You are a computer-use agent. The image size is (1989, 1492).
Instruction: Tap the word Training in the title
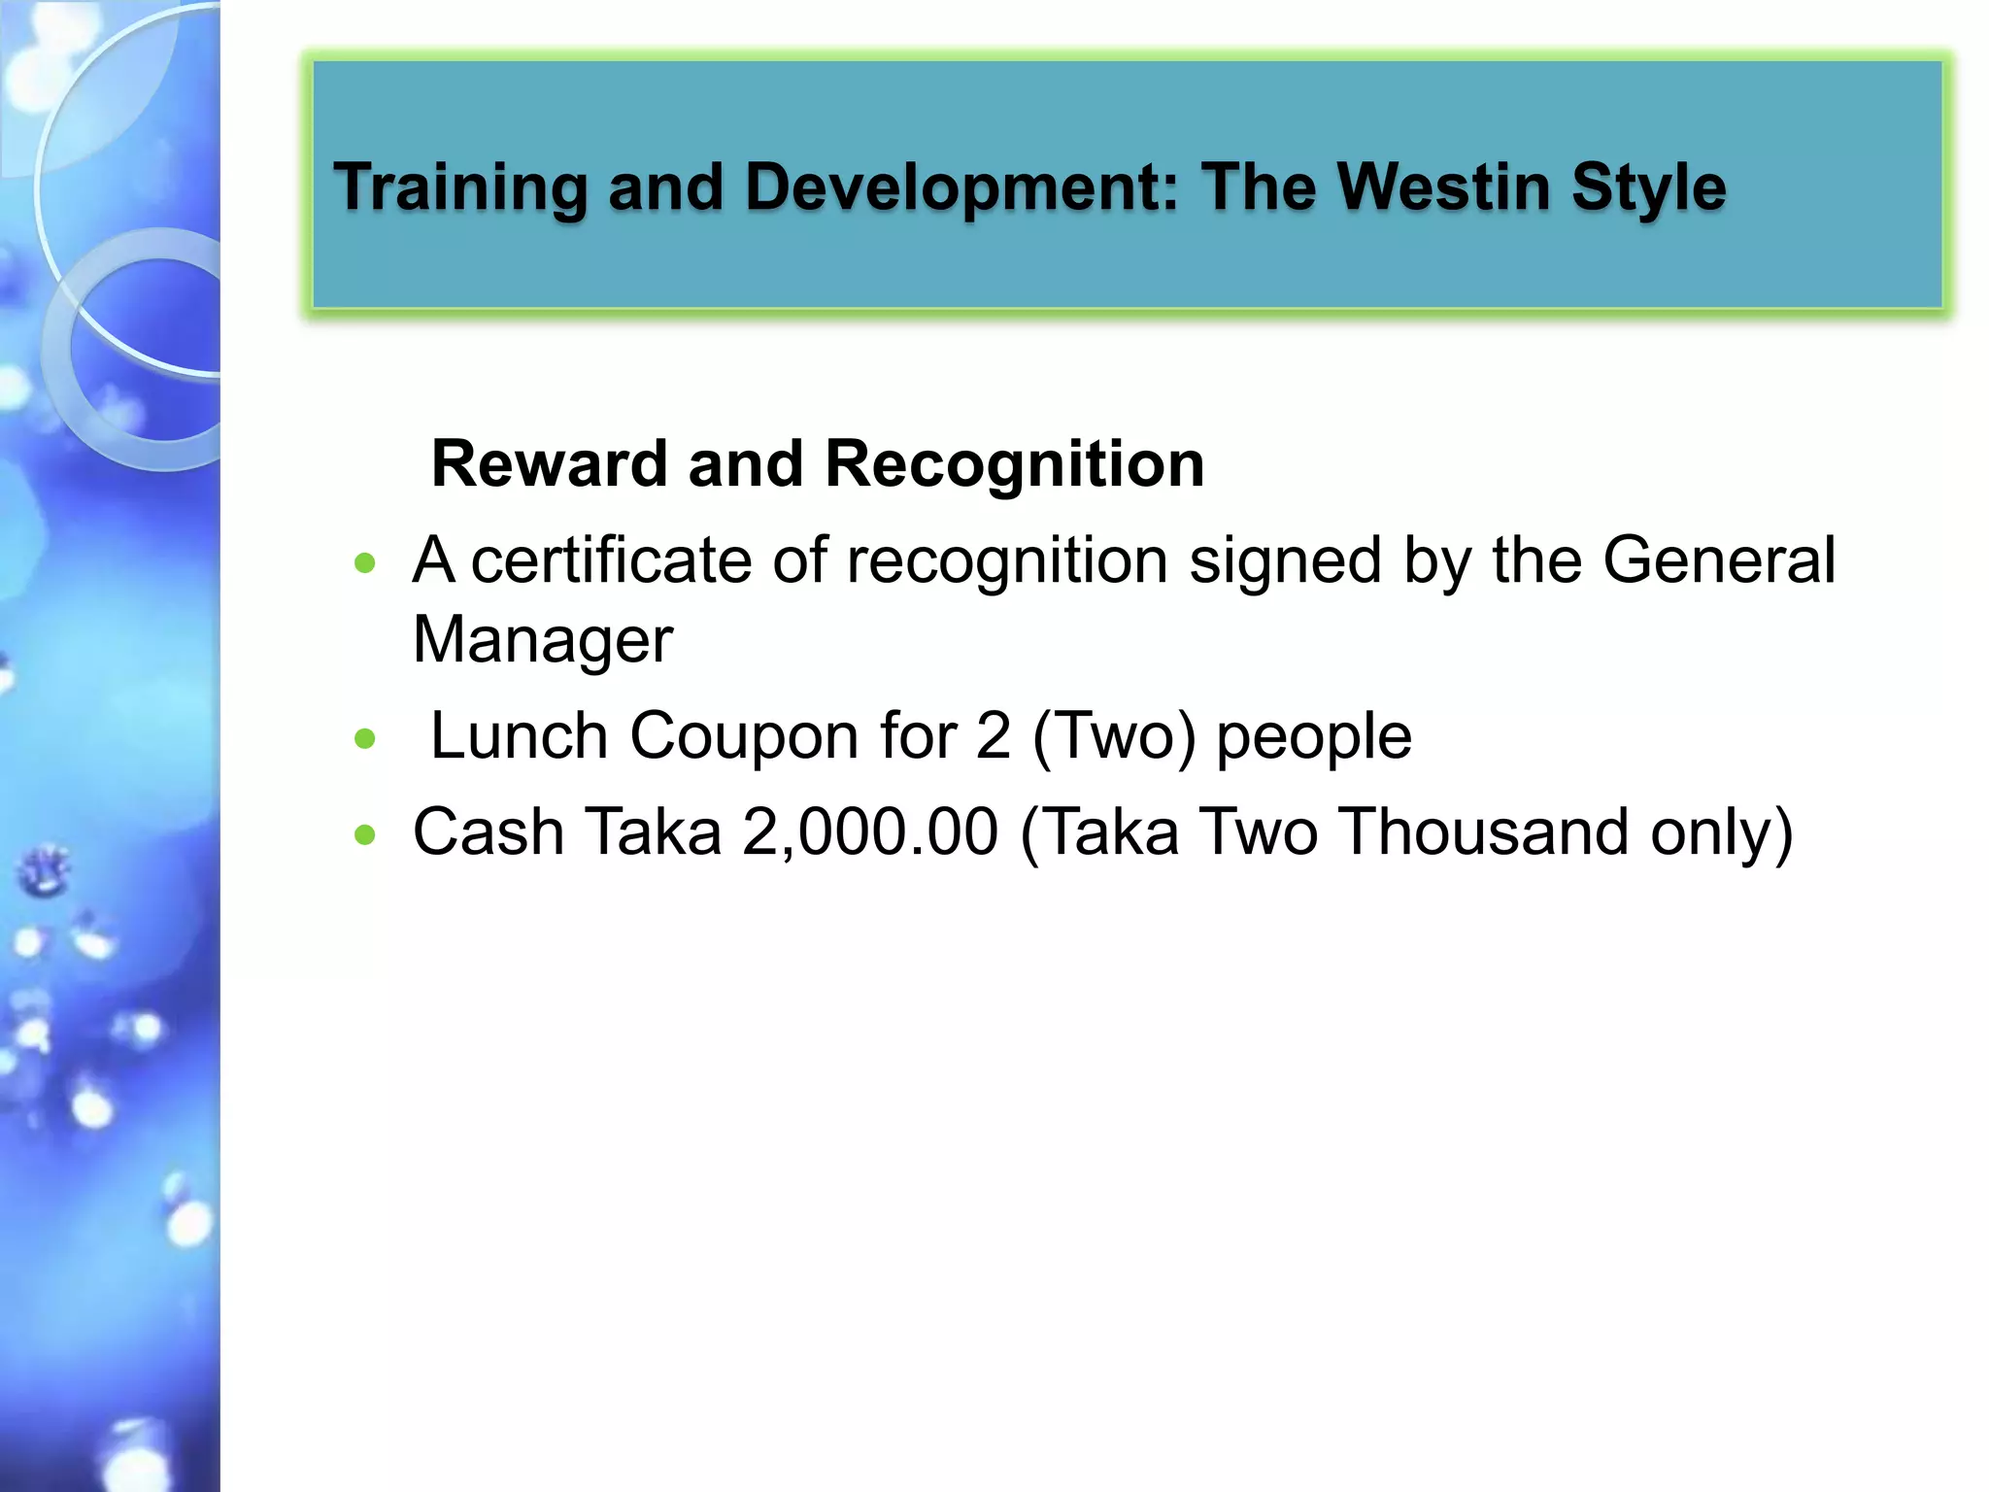pyautogui.click(x=460, y=186)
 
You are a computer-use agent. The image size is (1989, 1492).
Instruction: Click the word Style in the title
pyautogui.click(x=1648, y=186)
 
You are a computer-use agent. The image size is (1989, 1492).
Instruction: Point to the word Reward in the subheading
pyautogui.click(x=549, y=463)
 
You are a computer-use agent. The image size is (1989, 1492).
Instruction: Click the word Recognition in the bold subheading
pyautogui.click(x=1014, y=463)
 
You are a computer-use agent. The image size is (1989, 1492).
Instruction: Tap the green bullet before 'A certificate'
pyautogui.click(x=365, y=563)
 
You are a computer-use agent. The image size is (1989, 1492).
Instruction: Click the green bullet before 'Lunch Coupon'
pyautogui.click(x=365, y=739)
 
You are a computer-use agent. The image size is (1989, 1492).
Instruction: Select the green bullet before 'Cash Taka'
pyautogui.click(x=365, y=834)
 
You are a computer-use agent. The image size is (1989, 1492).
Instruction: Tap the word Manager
pyautogui.click(x=542, y=640)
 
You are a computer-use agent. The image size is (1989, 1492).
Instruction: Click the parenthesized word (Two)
pyautogui.click(x=1113, y=735)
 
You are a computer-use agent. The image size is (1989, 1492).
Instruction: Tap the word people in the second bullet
pyautogui.click(x=1313, y=737)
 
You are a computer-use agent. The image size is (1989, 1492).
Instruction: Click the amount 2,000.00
pyautogui.click(x=869, y=832)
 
